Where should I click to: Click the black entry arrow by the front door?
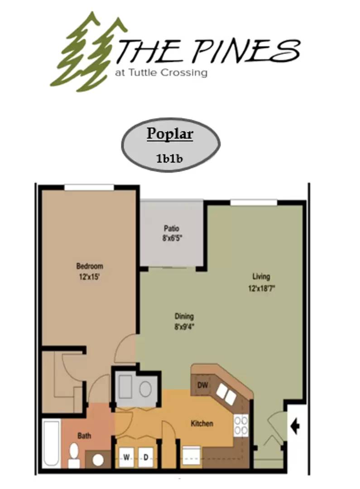[295, 426]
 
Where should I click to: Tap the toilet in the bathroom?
[74, 456]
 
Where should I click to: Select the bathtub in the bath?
[52, 444]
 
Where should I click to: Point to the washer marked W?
[126, 457]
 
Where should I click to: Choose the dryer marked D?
[146, 457]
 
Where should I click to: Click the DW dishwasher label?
[202, 385]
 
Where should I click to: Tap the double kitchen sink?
[226, 393]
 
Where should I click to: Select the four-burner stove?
[241, 426]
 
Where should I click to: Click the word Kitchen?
[202, 423]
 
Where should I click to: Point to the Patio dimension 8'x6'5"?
[172, 238]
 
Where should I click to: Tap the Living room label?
[261, 277]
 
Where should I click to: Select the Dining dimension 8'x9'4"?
[184, 327]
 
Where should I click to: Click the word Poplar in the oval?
[170, 134]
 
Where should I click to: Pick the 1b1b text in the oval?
[169, 158]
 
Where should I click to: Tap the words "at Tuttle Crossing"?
[161, 72]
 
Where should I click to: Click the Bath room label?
[84, 436]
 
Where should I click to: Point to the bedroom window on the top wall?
[89, 187]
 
